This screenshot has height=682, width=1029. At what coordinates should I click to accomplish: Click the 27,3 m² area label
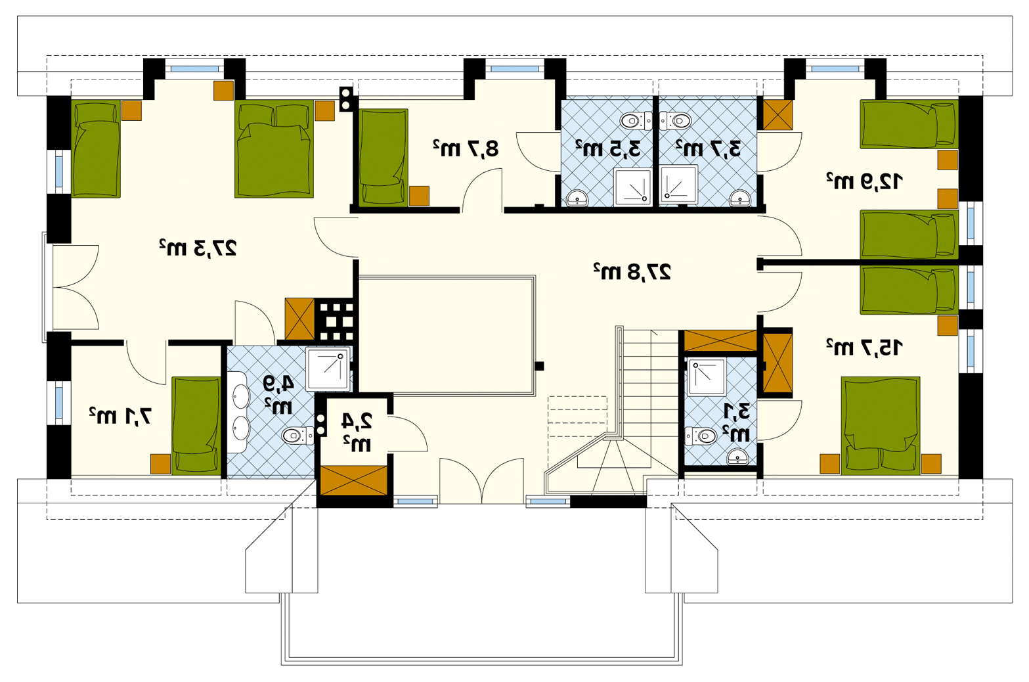tap(198, 248)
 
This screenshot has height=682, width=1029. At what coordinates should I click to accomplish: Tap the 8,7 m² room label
tap(466, 148)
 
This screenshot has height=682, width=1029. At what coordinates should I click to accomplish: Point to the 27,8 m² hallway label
tap(632, 271)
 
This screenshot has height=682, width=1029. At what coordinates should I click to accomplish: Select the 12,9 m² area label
tap(865, 181)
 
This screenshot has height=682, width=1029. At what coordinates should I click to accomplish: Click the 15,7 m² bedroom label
tap(865, 347)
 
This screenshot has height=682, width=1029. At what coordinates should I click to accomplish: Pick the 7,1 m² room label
tap(120, 416)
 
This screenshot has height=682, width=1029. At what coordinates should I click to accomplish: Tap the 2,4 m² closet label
tap(357, 432)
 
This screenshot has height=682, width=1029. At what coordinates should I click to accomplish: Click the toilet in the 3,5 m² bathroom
tap(636, 121)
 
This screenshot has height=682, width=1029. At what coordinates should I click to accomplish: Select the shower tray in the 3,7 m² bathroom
tap(679, 185)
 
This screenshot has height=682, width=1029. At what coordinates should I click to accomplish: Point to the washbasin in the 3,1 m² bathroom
tap(737, 457)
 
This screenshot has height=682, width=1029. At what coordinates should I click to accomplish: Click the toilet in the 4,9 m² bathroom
tap(297, 435)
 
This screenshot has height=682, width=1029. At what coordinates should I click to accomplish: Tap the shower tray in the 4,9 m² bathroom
tap(328, 369)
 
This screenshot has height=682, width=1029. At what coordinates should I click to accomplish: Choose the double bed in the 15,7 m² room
tap(881, 426)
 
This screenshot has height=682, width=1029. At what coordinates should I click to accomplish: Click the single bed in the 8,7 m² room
tap(383, 157)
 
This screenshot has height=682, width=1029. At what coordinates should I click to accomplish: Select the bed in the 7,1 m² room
tap(196, 426)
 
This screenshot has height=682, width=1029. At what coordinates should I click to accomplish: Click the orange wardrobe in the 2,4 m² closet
tap(353, 481)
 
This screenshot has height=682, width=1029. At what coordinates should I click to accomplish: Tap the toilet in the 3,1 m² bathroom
tap(701, 436)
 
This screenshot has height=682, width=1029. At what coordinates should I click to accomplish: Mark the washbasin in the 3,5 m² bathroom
tap(577, 198)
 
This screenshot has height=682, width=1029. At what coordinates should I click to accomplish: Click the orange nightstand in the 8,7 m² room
tap(419, 196)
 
